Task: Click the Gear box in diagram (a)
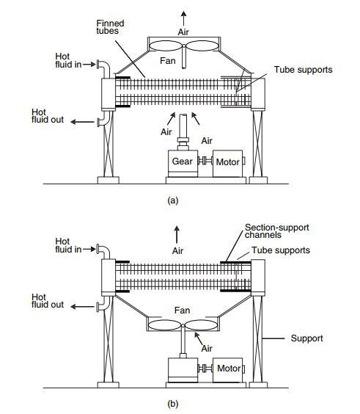coord(183,164)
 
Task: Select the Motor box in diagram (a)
coord(227,164)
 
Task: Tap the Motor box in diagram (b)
coord(227,370)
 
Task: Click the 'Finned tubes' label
coord(110,27)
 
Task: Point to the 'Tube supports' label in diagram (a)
coord(303,70)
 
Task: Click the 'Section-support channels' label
coord(276,231)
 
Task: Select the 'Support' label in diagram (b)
coord(306,338)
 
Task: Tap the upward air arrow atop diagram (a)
coord(183,18)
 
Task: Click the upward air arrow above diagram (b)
coord(177,235)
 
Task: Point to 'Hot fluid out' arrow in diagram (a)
coord(82,122)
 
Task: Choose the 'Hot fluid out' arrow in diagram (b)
coord(82,307)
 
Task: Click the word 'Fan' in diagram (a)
coord(168,61)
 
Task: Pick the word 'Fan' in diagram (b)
coord(183,310)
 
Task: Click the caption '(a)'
coord(173,201)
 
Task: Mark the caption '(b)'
coord(173,404)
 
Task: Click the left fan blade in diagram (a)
coord(166,46)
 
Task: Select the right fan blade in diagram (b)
coord(200,325)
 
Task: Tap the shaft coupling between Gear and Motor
coord(205,161)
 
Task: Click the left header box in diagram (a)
coord(109,94)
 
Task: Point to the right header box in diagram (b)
coord(258,277)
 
